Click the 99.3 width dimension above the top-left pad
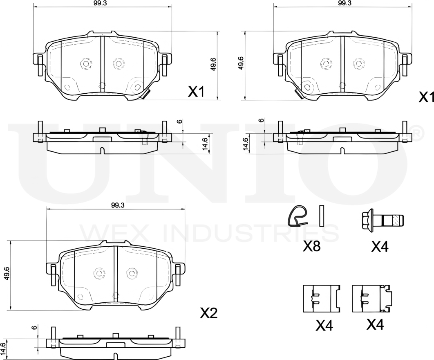tap(103, 3)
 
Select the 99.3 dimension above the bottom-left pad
tap(118, 205)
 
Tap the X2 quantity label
tap(209, 313)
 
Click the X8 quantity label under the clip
tap(312, 246)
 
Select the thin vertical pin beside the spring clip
tap(322, 216)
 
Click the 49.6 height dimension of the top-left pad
tap(213, 64)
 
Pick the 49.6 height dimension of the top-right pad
tap(241, 63)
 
